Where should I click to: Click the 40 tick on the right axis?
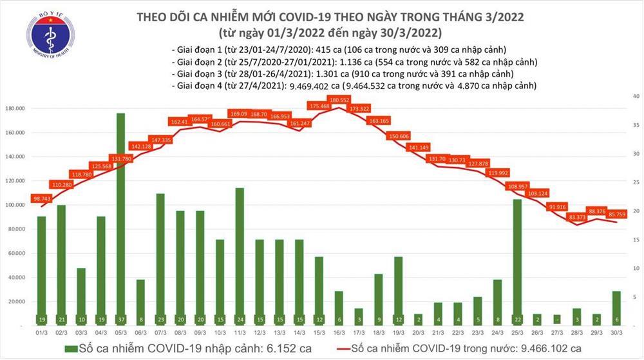click(634, 96)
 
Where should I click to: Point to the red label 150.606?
click(399, 137)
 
